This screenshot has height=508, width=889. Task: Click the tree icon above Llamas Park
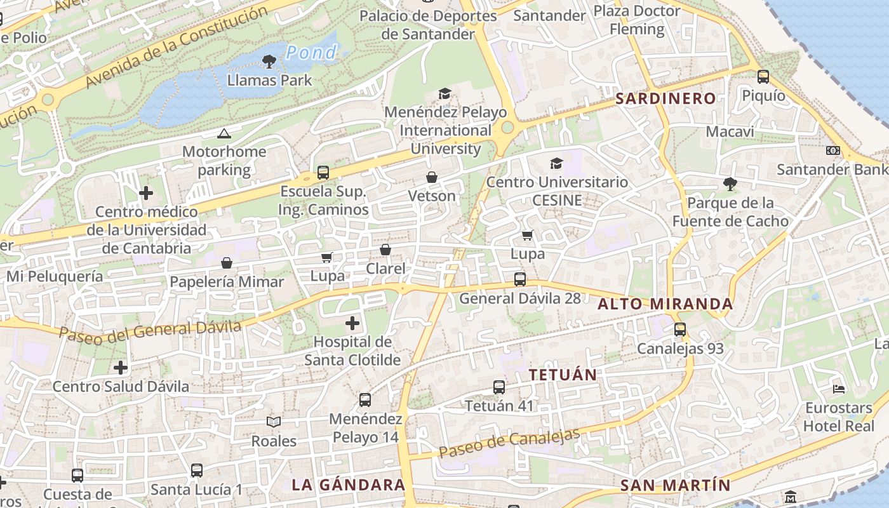269,62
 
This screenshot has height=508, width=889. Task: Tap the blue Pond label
311,53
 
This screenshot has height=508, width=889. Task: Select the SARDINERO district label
665,98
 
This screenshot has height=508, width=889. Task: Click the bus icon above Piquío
763,77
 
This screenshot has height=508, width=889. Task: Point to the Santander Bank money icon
832,150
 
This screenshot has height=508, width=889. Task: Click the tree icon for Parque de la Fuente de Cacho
730,184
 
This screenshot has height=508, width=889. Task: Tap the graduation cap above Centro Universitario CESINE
556,163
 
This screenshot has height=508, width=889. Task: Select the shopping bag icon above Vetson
432,177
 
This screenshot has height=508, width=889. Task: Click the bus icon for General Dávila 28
519,279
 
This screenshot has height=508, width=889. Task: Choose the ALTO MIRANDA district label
665,304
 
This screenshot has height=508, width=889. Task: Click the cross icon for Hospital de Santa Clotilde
352,324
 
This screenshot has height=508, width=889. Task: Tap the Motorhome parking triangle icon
224,133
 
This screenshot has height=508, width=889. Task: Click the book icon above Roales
274,422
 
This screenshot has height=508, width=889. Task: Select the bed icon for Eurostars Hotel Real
838,389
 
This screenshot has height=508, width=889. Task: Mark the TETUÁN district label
563,375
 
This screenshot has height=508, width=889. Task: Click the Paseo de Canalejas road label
509,443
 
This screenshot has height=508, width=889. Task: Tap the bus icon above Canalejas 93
679,330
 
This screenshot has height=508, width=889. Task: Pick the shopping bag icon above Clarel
385,250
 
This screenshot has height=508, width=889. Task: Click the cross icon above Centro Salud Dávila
120,368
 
